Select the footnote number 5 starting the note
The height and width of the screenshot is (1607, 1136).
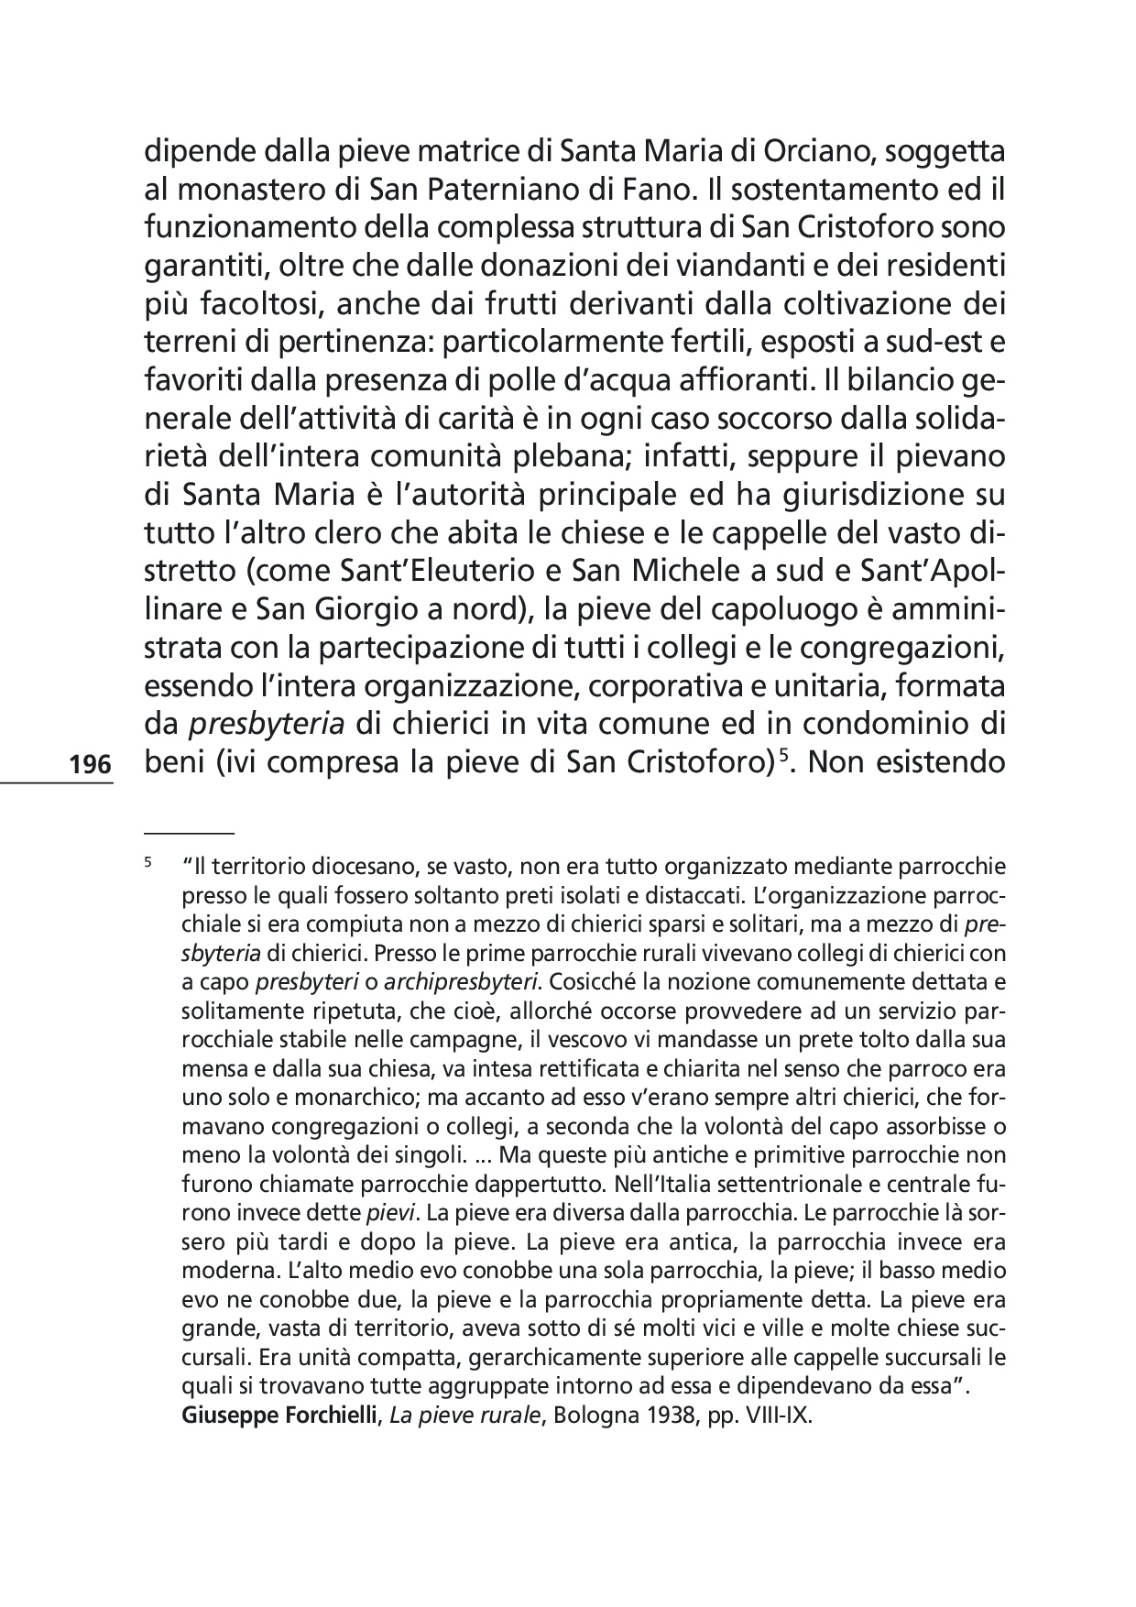147,862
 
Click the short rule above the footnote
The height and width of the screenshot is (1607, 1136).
190,832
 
